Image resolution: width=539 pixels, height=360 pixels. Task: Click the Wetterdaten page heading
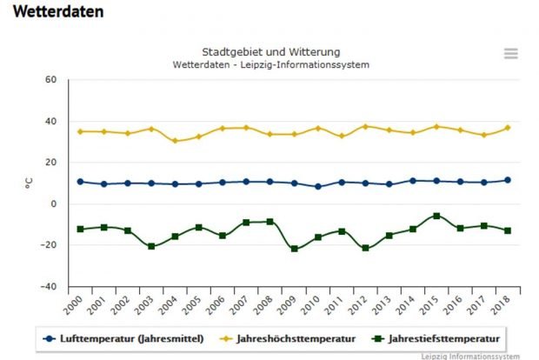(x=58, y=12)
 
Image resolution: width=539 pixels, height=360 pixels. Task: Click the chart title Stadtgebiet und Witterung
(x=270, y=51)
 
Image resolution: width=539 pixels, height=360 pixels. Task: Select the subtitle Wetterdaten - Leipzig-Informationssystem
(x=270, y=65)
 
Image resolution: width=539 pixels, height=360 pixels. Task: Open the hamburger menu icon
(x=511, y=53)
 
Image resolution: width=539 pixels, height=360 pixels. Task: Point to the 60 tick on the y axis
(x=50, y=80)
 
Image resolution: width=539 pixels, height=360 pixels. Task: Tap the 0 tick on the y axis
(x=54, y=204)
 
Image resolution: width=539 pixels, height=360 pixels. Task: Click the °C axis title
(x=29, y=183)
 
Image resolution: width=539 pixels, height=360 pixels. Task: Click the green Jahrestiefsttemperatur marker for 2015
(x=436, y=216)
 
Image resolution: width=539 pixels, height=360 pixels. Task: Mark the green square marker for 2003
(x=151, y=246)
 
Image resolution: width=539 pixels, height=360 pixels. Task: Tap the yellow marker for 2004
(x=175, y=141)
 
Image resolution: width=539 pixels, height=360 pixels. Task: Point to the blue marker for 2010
(x=317, y=187)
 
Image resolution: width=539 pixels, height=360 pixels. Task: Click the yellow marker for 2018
(x=508, y=128)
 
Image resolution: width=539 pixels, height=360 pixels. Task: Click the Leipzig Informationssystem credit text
(x=478, y=356)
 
